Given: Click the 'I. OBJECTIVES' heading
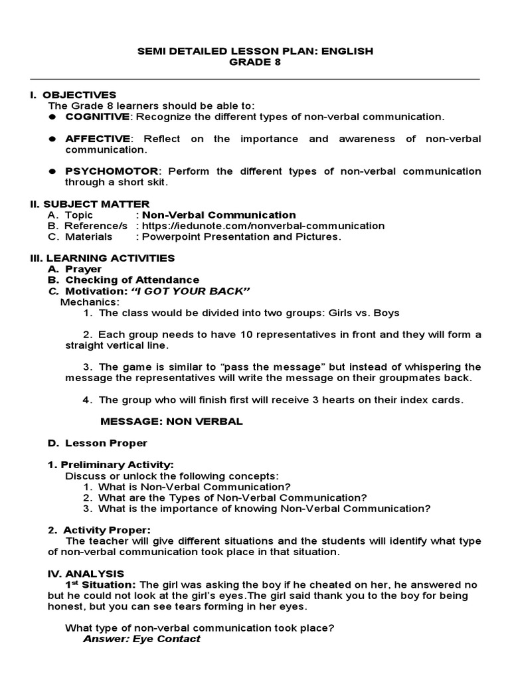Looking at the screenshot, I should tap(73, 95).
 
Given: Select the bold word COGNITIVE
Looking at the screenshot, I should tap(97, 117).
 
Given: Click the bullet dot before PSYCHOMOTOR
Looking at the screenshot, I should tap(51, 171).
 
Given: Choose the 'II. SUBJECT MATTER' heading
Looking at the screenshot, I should tap(90, 204).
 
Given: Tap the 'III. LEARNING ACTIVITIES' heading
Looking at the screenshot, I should tap(102, 258).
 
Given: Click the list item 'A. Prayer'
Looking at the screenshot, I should tap(74, 269).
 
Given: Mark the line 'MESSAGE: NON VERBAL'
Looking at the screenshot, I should tap(171, 421).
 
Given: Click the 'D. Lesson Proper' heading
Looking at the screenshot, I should tap(97, 443).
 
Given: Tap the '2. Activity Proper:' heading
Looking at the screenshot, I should tap(99, 530).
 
